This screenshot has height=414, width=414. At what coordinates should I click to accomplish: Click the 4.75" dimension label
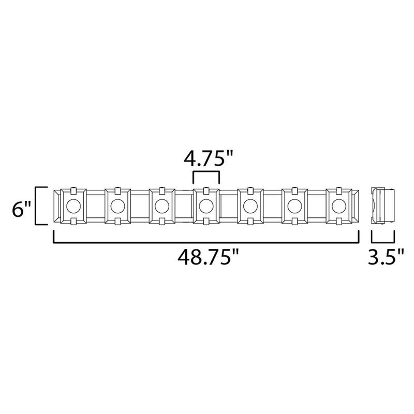206,156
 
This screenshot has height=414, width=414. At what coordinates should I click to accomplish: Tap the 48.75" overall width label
206,257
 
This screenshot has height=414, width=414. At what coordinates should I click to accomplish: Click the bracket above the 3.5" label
383,238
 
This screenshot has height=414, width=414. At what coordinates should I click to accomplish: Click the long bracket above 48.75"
206,241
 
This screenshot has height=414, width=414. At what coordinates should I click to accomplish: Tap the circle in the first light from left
73,205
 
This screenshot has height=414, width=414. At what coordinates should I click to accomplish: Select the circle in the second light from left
117,205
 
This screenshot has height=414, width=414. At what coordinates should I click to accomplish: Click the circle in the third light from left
161,205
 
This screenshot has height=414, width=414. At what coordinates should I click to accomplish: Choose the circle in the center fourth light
206,205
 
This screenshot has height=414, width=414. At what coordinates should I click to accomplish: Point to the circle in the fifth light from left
250,205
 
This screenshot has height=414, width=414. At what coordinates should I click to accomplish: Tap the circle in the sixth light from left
294,205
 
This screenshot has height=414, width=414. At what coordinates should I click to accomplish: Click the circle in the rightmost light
339,205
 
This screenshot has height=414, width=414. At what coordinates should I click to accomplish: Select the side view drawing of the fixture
383,205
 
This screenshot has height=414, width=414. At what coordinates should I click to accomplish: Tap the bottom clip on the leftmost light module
73,222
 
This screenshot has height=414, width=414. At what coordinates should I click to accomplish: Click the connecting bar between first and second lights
95,205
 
